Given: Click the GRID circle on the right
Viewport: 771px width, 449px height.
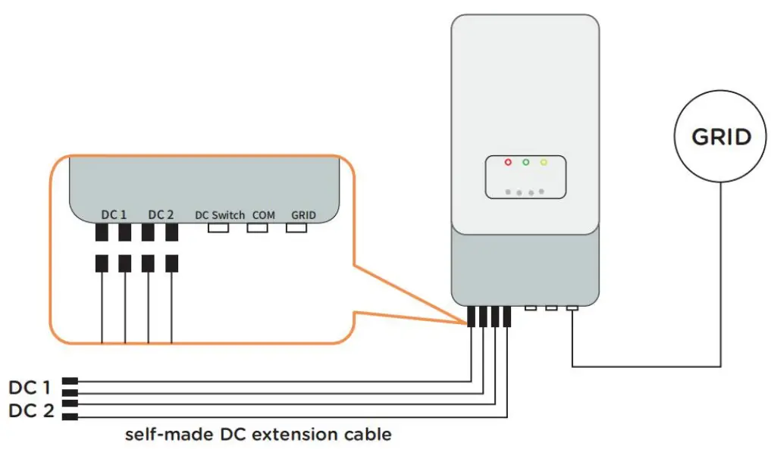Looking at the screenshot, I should [721, 136].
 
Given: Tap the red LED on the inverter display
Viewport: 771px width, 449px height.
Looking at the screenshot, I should [508, 163].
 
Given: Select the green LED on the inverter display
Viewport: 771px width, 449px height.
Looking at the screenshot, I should [525, 163].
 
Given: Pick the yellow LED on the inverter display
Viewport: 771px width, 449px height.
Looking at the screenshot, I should [544, 163].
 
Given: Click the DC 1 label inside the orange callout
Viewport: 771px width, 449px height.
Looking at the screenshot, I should [114, 215].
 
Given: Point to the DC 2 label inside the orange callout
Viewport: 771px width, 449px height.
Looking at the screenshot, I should [161, 215].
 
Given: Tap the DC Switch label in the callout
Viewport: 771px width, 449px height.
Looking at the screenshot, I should [220, 215].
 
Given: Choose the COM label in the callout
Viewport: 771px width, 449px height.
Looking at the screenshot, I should [264, 215].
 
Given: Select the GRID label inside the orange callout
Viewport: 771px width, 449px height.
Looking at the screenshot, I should [303, 215].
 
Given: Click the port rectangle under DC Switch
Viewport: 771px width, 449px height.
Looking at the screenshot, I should [219, 227].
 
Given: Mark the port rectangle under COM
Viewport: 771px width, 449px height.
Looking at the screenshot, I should [258, 227].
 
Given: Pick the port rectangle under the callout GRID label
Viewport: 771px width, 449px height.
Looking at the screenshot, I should [296, 227].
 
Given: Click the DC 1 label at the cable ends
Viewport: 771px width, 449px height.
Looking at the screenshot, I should [30, 388].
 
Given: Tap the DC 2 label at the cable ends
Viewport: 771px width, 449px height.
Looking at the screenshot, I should [30, 410].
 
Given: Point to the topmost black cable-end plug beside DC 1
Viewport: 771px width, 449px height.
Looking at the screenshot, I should [70, 381].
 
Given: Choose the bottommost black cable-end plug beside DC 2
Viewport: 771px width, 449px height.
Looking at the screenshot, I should [70, 417].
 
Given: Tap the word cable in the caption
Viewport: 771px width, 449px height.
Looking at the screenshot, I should [370, 435].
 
